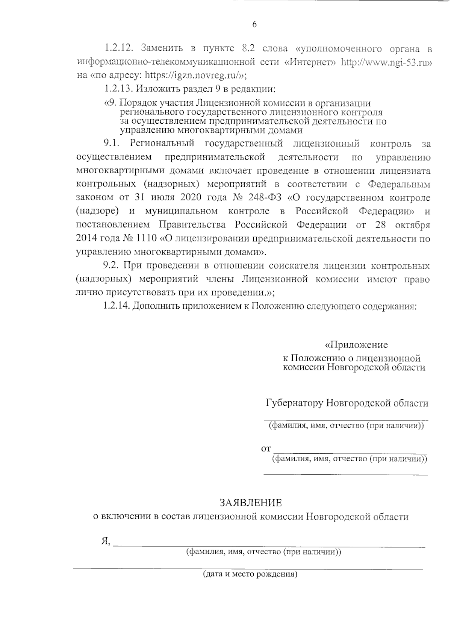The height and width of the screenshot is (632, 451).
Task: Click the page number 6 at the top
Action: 254,25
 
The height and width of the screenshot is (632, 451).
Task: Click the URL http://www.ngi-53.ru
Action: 386,62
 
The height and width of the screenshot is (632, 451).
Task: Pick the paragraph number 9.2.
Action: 111,266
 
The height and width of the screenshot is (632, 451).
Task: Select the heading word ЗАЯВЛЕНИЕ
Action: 250,503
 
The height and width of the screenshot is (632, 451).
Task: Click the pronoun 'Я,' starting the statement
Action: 106,541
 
